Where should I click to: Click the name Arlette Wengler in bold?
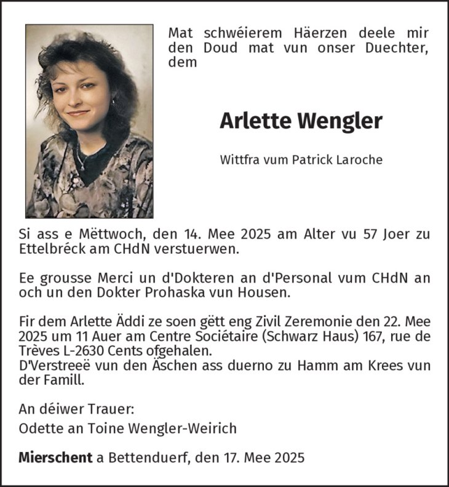tap(301, 121)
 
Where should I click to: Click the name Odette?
tap(37, 428)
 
